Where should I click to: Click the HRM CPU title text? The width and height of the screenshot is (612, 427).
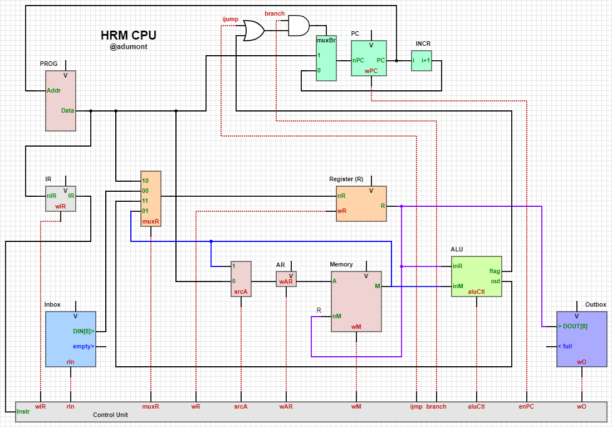pyautogui.click(x=128, y=35)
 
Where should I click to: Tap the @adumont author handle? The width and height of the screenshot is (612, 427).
pyautogui.click(x=128, y=47)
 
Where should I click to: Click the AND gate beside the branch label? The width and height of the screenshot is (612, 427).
pyautogui.click(x=298, y=25)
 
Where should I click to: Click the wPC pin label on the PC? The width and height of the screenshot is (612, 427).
pyautogui.click(x=371, y=71)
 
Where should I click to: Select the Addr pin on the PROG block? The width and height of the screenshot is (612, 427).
pyautogui.click(x=54, y=90)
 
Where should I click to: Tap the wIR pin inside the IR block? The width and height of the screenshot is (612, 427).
pyautogui.click(x=61, y=206)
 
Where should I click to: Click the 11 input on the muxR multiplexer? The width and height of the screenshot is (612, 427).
pyautogui.click(x=145, y=201)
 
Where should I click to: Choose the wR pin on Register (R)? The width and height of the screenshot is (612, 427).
pyautogui.click(x=342, y=211)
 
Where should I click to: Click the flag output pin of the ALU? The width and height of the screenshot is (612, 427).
pyautogui.click(x=495, y=271)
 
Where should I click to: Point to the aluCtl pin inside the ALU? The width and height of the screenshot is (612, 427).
pyautogui.click(x=476, y=291)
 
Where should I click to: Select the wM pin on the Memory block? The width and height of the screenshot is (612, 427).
pyautogui.click(x=356, y=327)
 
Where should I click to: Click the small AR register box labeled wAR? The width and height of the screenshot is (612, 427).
pyautogui.click(x=286, y=279)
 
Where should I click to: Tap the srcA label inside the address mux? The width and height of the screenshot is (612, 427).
pyautogui.click(x=241, y=292)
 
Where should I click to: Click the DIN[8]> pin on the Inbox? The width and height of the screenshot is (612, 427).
pyautogui.click(x=84, y=331)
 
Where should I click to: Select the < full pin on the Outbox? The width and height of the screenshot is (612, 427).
pyautogui.click(x=565, y=346)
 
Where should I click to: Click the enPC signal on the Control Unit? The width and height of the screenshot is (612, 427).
pyautogui.click(x=526, y=406)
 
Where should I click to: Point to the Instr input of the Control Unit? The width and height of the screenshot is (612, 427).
pyautogui.click(x=23, y=411)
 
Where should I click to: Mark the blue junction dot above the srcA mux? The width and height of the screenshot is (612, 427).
pyautogui.click(x=211, y=241)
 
